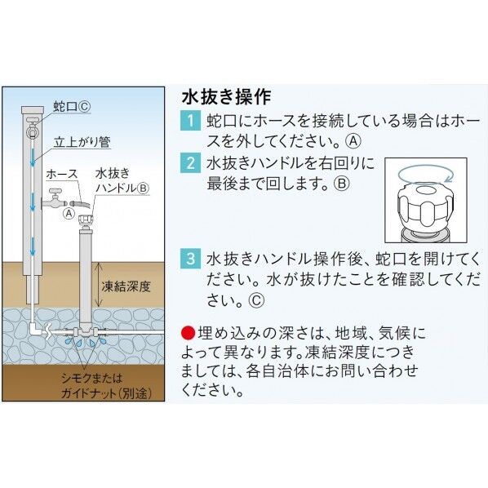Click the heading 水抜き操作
(x=226, y=97)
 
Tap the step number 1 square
(x=190, y=121)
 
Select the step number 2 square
(x=190, y=162)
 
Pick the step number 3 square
(x=190, y=259)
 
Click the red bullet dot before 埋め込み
(x=189, y=333)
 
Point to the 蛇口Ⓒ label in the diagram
(x=72, y=107)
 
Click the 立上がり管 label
(x=82, y=142)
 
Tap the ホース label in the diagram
(x=62, y=174)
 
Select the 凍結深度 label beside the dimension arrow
(x=126, y=286)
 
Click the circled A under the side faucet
(x=69, y=214)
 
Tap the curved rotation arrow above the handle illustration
(x=424, y=175)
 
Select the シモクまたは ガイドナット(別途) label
(x=106, y=386)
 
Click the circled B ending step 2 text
(x=342, y=183)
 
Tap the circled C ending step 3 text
(x=256, y=300)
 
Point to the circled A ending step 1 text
(x=353, y=142)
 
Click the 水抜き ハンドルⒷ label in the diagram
(x=122, y=180)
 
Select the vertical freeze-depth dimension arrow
(x=99, y=285)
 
